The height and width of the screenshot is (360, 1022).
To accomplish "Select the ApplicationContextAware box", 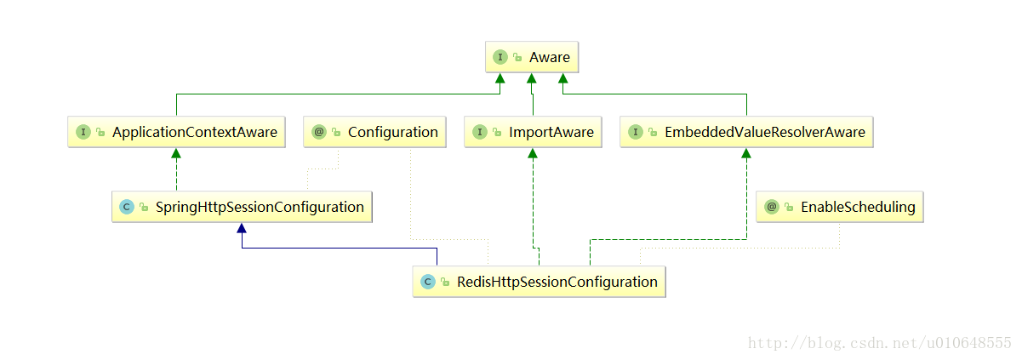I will tap(177, 132).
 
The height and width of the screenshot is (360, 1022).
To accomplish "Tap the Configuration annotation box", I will tap(375, 132).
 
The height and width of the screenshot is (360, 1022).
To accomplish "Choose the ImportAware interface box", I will tap(533, 132).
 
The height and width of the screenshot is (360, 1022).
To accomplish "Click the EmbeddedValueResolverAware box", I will tap(746, 132).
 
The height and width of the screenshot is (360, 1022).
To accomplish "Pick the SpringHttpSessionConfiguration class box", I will tap(242, 207).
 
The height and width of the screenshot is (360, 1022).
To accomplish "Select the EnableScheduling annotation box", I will tap(839, 207).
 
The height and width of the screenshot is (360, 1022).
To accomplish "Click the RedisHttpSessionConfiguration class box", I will tap(539, 282).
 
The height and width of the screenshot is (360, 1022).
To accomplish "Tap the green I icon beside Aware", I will tap(500, 57).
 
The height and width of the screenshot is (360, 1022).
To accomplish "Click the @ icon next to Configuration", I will tap(319, 132).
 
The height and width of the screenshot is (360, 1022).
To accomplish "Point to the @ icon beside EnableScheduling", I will tap(772, 207).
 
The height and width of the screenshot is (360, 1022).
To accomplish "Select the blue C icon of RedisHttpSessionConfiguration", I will tap(428, 282).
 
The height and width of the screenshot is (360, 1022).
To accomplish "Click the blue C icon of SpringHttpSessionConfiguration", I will tap(127, 207).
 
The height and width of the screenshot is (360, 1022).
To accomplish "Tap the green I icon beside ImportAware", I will tap(480, 132).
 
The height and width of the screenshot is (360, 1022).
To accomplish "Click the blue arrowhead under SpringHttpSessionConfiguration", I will tap(242, 228).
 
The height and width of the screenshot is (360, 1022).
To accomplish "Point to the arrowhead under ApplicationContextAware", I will tap(176, 153).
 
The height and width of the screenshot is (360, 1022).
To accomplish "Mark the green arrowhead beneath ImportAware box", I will tap(533, 153).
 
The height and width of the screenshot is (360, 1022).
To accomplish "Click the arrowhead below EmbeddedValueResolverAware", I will tap(746, 153).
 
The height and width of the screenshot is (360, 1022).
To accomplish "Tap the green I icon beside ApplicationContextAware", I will tap(83, 132).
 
